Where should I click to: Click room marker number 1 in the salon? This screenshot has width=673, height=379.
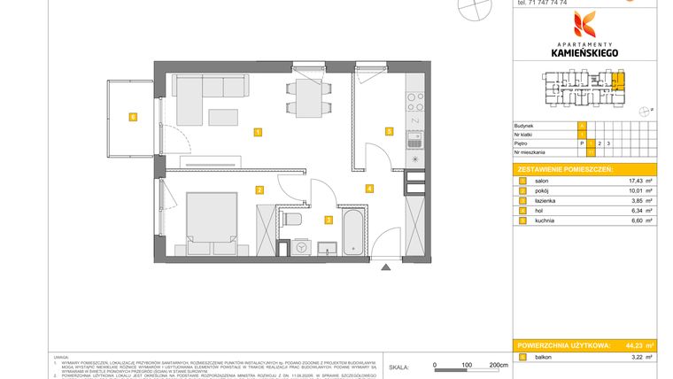pyautogui.click(x=257, y=133)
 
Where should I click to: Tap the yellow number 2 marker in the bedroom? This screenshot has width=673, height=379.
pyautogui.click(x=259, y=189)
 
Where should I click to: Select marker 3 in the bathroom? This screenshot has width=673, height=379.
pyautogui.click(x=328, y=220)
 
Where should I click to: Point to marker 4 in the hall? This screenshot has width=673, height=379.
pyautogui.click(x=368, y=188)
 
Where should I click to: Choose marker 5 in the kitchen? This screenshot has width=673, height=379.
pyautogui.click(x=389, y=131)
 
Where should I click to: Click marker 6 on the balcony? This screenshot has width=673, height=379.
pyautogui.click(x=132, y=116)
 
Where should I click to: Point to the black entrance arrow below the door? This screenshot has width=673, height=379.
pyautogui.click(x=384, y=266)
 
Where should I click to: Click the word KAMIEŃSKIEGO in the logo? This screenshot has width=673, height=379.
pyautogui.click(x=584, y=53)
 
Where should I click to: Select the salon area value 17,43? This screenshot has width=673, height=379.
pyautogui.click(x=635, y=180)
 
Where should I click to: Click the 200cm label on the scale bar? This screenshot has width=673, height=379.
pyautogui.click(x=499, y=365)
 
